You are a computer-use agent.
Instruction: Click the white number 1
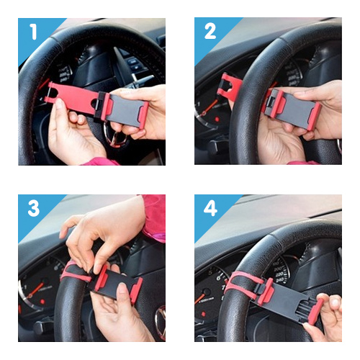(34, 32)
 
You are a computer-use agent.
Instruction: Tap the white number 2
(210, 31)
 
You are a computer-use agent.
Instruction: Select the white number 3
(34, 208)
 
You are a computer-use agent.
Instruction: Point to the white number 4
(210, 208)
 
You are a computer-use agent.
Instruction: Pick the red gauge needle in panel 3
(36, 289)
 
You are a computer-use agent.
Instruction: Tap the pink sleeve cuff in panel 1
(101, 161)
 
